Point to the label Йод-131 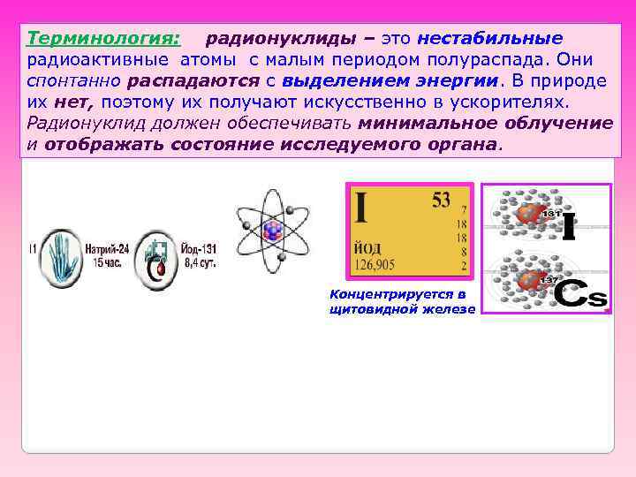pyautogui.click(x=195, y=249)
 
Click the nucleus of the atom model pyautogui.click(x=273, y=231)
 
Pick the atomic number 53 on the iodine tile pyautogui.click(x=440, y=201)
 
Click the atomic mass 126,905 pyautogui.click(x=379, y=262)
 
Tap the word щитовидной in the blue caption pyautogui.click(x=367, y=309)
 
